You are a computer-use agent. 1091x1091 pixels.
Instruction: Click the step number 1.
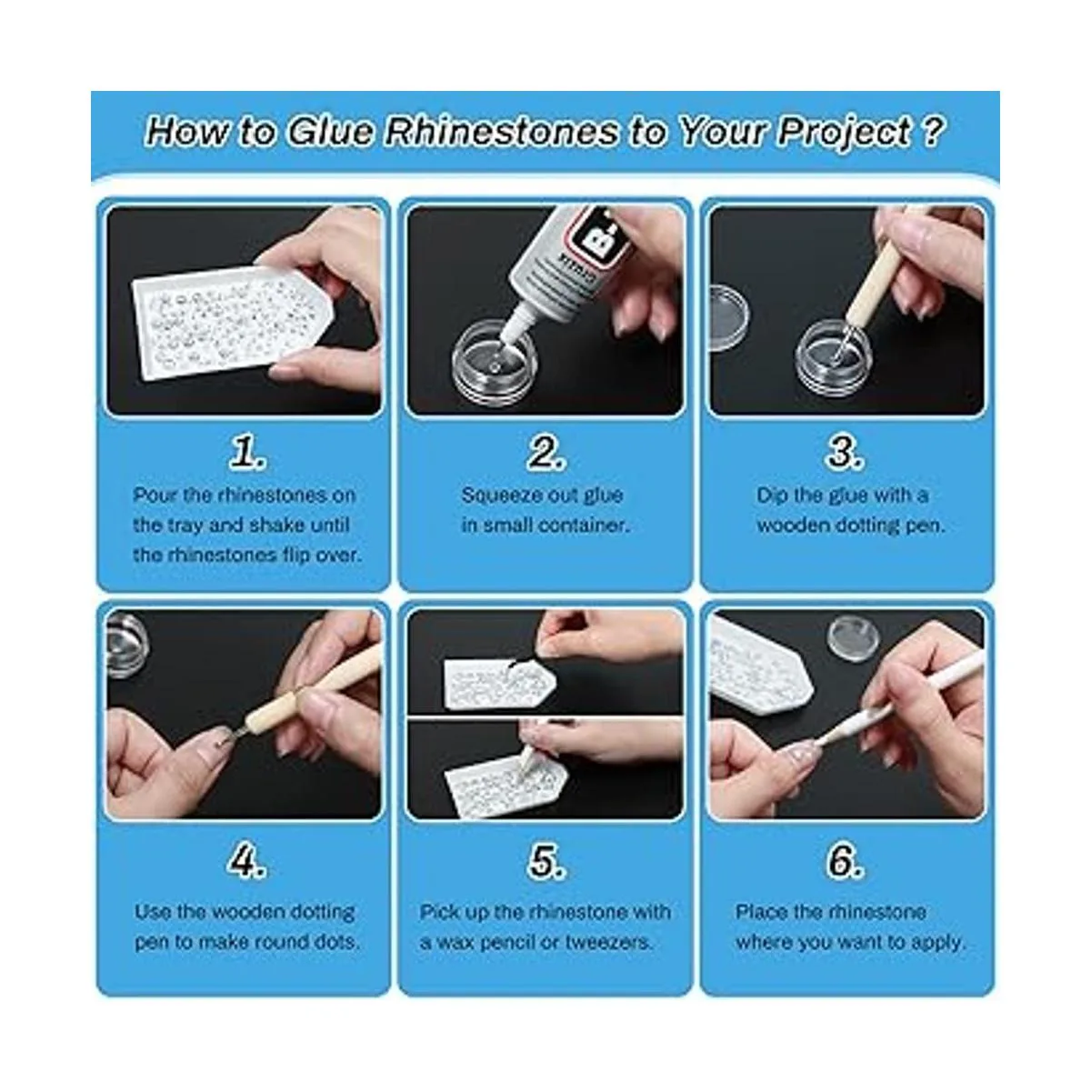coord(248,454)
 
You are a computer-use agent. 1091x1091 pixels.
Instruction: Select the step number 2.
coord(546,454)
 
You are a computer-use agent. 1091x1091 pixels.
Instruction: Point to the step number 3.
coord(845,454)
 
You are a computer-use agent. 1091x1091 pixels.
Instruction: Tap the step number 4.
coord(247,862)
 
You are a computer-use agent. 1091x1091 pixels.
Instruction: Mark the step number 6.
coord(845,862)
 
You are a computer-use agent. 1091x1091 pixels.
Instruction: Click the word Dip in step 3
coord(771,496)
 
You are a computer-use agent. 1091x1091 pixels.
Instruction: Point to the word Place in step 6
coord(760,912)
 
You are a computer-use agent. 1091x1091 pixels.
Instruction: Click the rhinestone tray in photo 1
coord(231,320)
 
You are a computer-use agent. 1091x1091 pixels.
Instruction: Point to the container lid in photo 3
coord(729,317)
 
